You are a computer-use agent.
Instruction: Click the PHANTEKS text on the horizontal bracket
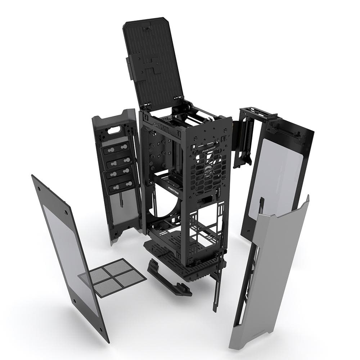point(175,188)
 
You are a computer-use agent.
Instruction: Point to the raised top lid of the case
point(153,61)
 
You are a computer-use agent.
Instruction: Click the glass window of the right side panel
point(277,176)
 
